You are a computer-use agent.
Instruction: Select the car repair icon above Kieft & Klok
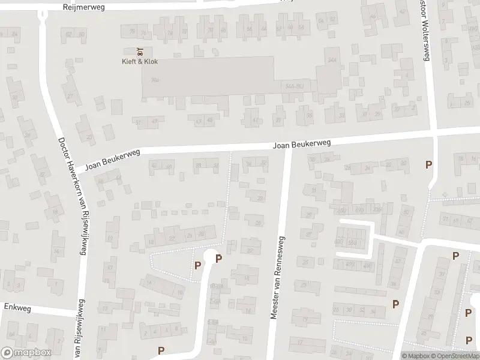(139, 51)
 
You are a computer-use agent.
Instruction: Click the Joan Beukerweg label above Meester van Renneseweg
(302, 145)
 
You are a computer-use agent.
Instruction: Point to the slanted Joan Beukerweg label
(112, 160)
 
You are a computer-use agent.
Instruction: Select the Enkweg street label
(17, 307)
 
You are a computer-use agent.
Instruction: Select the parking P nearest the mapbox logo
(161, 350)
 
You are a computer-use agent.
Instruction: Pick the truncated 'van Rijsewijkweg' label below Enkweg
(78, 345)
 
